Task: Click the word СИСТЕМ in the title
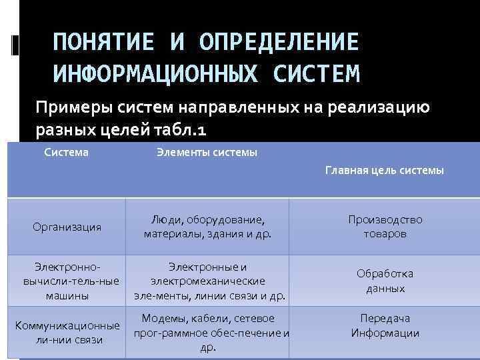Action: [317, 73]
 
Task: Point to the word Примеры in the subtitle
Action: [71, 107]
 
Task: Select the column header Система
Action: [66, 153]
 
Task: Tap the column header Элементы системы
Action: [207, 153]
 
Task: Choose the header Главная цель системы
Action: [384, 171]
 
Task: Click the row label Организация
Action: [67, 227]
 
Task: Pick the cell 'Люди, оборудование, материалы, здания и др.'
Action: [207, 227]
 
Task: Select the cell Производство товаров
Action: [385, 227]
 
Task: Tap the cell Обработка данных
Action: [385, 281]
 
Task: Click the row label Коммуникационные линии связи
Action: [67, 333]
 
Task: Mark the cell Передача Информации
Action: [385, 326]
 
